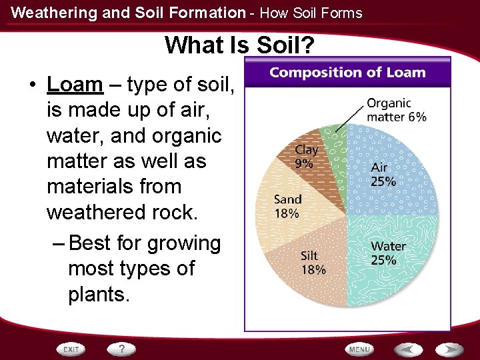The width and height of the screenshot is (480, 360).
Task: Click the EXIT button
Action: pyautogui.click(x=71, y=349)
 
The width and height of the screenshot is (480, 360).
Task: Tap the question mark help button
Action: pyautogui.click(x=121, y=349)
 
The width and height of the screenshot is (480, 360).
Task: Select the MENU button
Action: pyautogui.click(x=359, y=349)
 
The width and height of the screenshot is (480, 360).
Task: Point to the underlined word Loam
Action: pyautogui.click(x=75, y=85)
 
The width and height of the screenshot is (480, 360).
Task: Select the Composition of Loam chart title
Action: pyautogui.click(x=347, y=72)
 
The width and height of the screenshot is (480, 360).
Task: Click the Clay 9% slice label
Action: pyautogui.click(x=307, y=156)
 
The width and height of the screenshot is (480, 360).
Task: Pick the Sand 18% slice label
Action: pyautogui.click(x=288, y=206)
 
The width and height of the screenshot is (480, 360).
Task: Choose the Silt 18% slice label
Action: pyautogui.click(x=313, y=262)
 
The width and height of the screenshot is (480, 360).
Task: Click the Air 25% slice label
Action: pyautogui.click(x=383, y=175)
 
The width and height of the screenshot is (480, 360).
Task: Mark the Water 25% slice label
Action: pyautogui.click(x=388, y=253)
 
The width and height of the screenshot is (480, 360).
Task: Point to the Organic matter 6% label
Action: pyautogui.click(x=396, y=110)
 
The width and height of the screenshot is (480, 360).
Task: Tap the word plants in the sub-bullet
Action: pyautogui.click(x=97, y=294)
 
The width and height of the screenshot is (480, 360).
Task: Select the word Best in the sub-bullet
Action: pyautogui.click(x=91, y=243)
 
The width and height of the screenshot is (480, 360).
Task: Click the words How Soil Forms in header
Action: pyautogui.click(x=311, y=13)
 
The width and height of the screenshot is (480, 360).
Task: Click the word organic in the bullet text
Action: pyautogui.click(x=189, y=135)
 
